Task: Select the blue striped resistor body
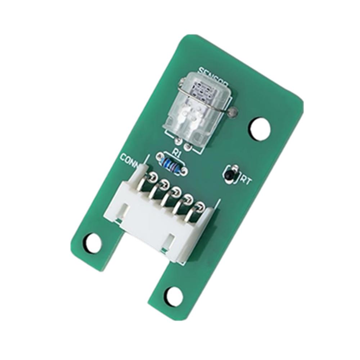click(x=171, y=165)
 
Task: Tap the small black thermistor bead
click(x=229, y=176)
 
